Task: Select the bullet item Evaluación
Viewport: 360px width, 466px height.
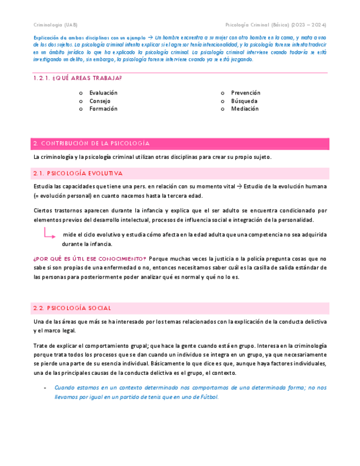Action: pos(103,93)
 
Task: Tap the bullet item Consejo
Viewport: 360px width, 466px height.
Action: pos(99,101)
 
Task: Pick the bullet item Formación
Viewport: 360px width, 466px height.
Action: pos(103,109)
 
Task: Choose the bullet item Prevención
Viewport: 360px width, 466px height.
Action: pos(246,93)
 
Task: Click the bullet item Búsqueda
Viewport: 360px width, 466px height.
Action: pos(244,101)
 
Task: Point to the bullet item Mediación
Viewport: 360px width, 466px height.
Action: pos(245,109)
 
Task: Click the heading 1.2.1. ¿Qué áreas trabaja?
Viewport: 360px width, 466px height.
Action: pos(77,78)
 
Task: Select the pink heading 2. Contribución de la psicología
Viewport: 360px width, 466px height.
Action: pos(91,143)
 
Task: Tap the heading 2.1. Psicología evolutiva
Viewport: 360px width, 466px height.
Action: pos(77,173)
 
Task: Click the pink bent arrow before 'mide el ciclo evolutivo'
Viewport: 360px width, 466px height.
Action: pos(49,234)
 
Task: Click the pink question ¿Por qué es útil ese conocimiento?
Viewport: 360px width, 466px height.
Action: pos(90,259)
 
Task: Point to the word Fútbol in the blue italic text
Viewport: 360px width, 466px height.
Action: pos(208,397)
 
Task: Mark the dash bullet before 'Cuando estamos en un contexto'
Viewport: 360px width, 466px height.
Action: pos(45,387)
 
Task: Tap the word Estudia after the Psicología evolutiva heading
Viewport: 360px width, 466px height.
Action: pos(44,187)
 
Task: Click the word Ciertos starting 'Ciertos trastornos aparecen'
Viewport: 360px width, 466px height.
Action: pos(44,210)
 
